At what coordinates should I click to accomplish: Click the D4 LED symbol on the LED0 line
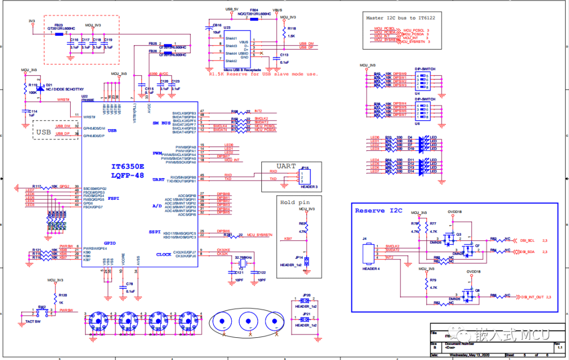(421, 139)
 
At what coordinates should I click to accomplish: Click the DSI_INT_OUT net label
(532, 297)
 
